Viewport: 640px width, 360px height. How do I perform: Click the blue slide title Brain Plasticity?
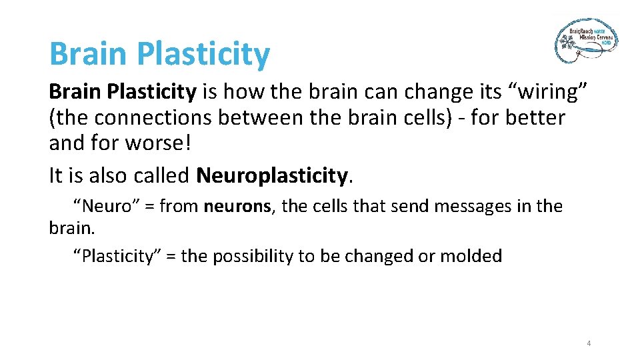pos(159,54)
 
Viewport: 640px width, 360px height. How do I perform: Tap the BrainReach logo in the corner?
pos(586,41)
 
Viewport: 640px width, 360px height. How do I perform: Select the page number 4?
pos(589,343)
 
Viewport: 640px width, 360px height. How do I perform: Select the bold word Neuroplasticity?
pos(272,175)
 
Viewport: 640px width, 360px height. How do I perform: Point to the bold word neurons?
pos(237,207)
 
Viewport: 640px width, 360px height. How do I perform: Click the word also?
pos(107,175)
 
